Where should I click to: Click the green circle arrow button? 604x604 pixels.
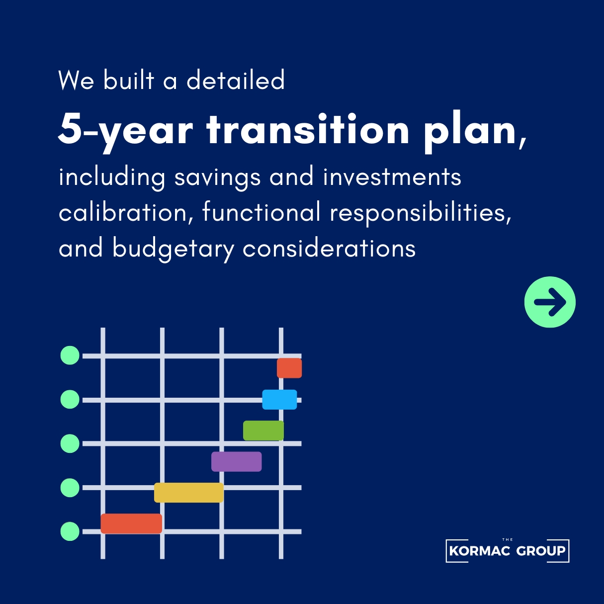coord(550,302)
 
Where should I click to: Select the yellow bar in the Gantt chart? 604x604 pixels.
coord(189,493)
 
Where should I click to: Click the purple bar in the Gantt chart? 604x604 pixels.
coord(236,462)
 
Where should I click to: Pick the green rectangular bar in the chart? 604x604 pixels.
coord(263,431)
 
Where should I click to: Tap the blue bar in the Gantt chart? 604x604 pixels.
coord(279,400)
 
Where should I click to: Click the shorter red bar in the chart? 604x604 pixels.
coord(289,368)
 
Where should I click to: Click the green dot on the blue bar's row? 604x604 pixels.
coord(70,400)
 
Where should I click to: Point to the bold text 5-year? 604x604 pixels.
coord(125,133)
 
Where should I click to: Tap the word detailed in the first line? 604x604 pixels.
coord(236,80)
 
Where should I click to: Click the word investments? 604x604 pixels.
coord(392,176)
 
